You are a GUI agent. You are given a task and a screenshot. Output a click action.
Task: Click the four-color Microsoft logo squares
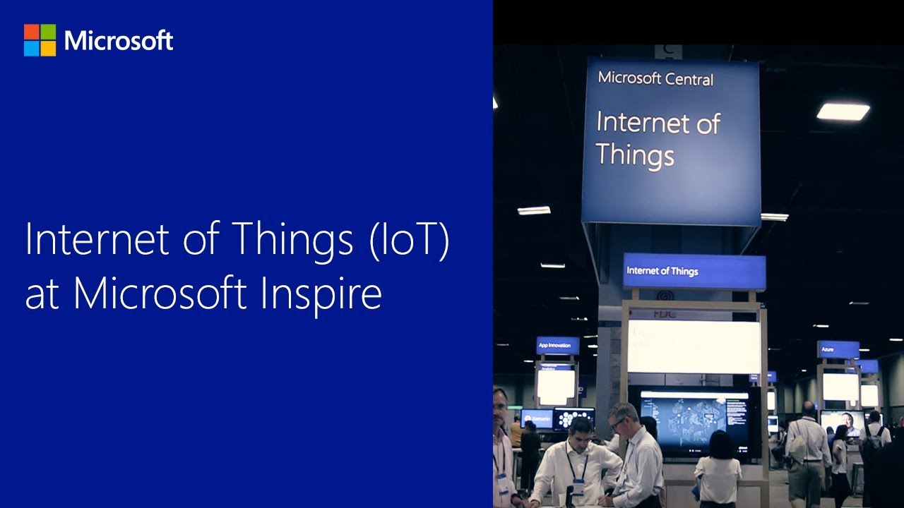pyautogui.click(x=40, y=40)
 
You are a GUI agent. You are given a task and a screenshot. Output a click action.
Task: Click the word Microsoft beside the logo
pyautogui.click(x=119, y=40)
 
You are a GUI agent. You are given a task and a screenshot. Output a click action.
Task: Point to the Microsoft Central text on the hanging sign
pyautogui.click(x=655, y=78)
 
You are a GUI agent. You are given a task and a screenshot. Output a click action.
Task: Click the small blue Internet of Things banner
pyautogui.click(x=694, y=271)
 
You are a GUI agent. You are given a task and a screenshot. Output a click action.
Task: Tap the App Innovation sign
pyautogui.click(x=557, y=345)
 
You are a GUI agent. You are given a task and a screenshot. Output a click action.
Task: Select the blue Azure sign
pyautogui.click(x=838, y=349)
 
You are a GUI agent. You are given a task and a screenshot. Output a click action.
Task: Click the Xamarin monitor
pyautogui.click(x=536, y=418)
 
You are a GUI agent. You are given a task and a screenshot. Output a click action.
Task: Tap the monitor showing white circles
pyautogui.click(x=573, y=418)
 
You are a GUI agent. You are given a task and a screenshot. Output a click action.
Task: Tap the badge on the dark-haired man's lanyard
pyautogui.click(x=578, y=486)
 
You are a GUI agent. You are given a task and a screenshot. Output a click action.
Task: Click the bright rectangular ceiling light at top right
pyautogui.click(x=843, y=111)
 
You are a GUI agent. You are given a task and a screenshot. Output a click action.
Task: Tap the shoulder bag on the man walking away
pyautogui.click(x=798, y=452)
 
